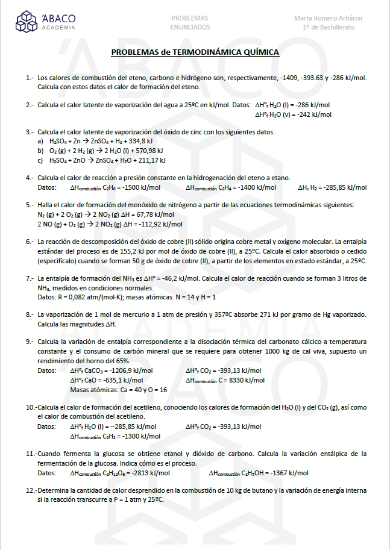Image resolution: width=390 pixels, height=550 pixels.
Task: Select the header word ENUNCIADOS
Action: pyautogui.click(x=190, y=27)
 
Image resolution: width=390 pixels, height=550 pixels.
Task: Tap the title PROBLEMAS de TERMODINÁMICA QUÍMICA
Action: pyautogui.click(x=195, y=52)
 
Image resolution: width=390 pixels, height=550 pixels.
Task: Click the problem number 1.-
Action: pyautogui.click(x=30, y=78)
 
